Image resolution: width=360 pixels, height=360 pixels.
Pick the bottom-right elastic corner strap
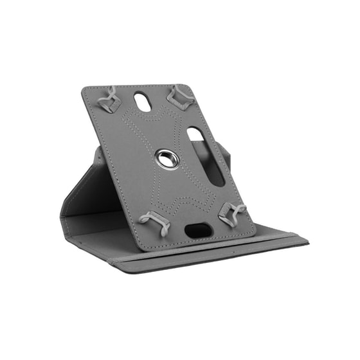233,213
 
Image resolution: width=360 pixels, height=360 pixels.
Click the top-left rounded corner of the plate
86,91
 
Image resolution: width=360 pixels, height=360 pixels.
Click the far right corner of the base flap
307,242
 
